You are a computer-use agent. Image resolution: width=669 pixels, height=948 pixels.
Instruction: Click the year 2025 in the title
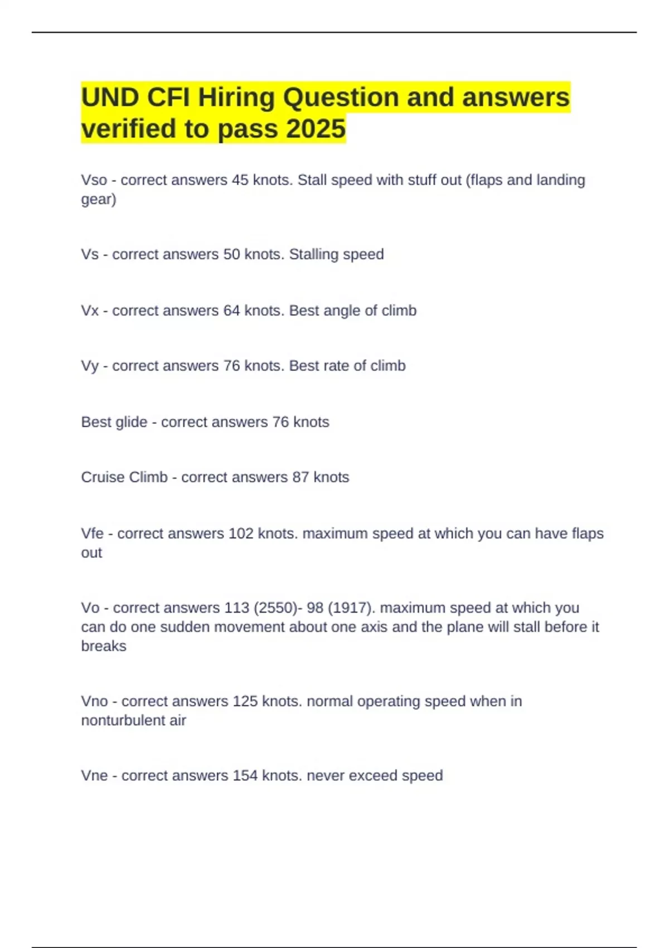[316, 129]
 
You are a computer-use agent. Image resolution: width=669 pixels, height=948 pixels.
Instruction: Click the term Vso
[94, 180]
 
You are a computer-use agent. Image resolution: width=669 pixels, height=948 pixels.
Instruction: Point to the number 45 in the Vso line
[240, 180]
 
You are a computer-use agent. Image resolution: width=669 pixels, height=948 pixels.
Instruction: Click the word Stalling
[313, 254]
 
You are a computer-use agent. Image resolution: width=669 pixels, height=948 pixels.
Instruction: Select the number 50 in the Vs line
[231, 254]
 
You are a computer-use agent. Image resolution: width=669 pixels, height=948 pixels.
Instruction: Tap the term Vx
[90, 311]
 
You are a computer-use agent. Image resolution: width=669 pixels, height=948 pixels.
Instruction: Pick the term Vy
[90, 366]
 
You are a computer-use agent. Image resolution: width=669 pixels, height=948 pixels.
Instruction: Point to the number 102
[241, 534]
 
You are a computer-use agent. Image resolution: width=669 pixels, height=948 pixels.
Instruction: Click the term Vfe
[93, 534]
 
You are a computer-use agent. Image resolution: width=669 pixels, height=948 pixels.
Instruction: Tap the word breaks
[104, 646]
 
